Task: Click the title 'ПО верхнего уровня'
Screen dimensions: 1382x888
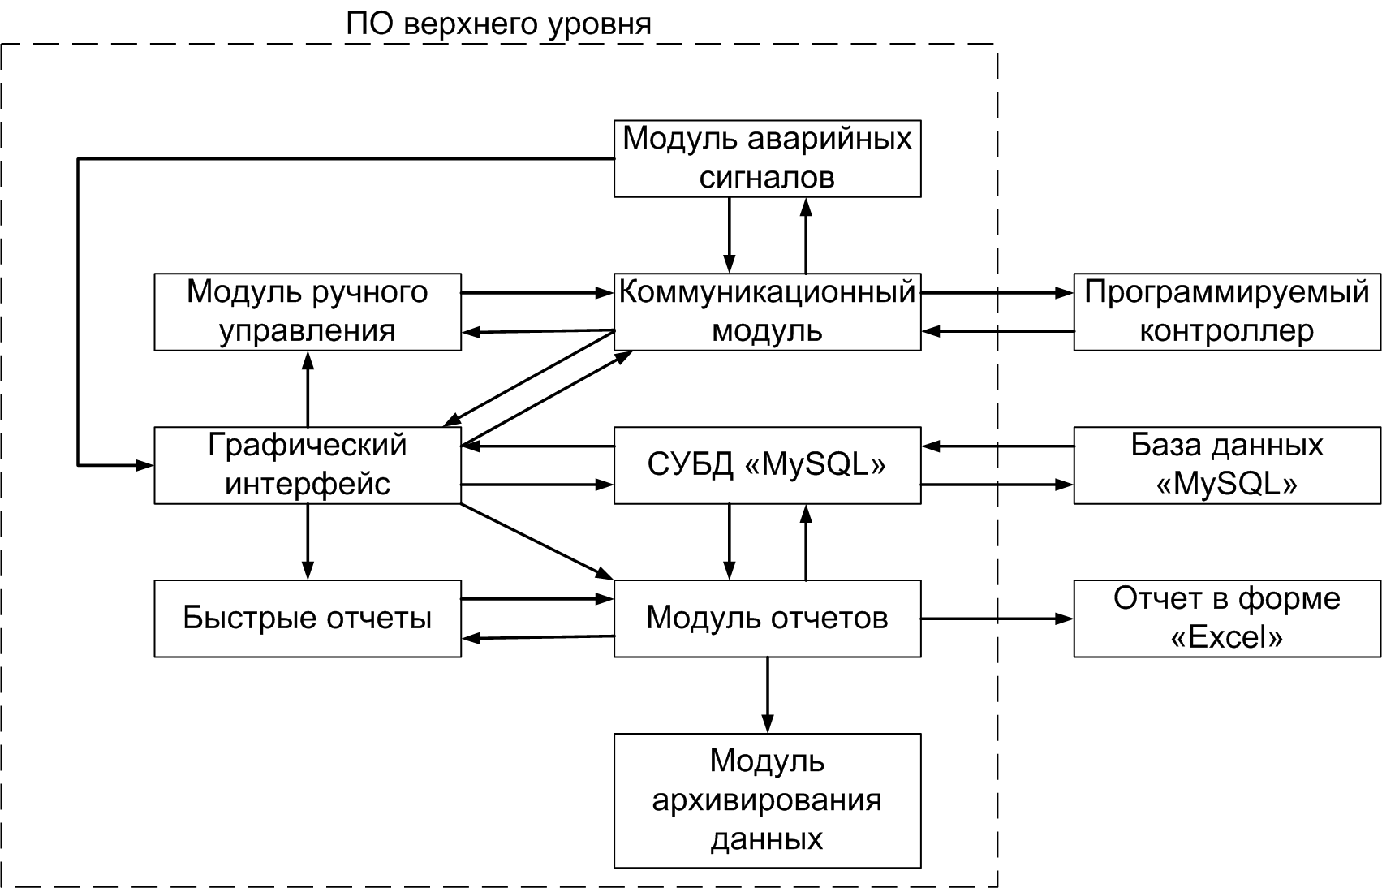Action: pos(498,24)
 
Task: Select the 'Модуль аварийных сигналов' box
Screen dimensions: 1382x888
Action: pos(767,158)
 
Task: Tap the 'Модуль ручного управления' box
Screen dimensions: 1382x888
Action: pos(308,313)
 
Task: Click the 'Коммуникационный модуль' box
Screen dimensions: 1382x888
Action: pos(767,313)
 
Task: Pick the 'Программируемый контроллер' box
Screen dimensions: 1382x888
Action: pos(1227,313)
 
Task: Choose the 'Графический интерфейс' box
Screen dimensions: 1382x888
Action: pos(308,465)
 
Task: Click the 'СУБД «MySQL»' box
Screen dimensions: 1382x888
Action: pos(767,465)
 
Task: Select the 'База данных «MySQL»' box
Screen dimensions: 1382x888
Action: pos(1227,465)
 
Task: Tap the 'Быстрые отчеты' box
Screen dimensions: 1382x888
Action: pos(308,619)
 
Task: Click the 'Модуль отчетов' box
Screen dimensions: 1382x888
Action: pos(767,619)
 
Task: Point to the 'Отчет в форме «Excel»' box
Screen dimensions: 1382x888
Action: pos(1227,619)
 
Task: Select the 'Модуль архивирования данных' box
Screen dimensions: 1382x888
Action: pos(767,800)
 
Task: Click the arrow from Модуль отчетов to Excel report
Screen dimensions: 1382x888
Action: pos(997,619)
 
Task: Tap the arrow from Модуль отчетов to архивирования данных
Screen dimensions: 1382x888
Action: pos(768,695)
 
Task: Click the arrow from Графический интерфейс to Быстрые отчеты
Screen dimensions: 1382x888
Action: pos(308,541)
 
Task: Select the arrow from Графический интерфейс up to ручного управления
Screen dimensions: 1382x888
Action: pos(308,389)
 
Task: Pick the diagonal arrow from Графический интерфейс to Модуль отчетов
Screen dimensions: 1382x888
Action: pos(537,541)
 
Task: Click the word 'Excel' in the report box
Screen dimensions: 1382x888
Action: pos(1226,637)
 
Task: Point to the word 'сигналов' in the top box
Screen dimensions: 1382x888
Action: pos(767,178)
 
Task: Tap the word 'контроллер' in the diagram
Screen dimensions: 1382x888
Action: pos(1226,331)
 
